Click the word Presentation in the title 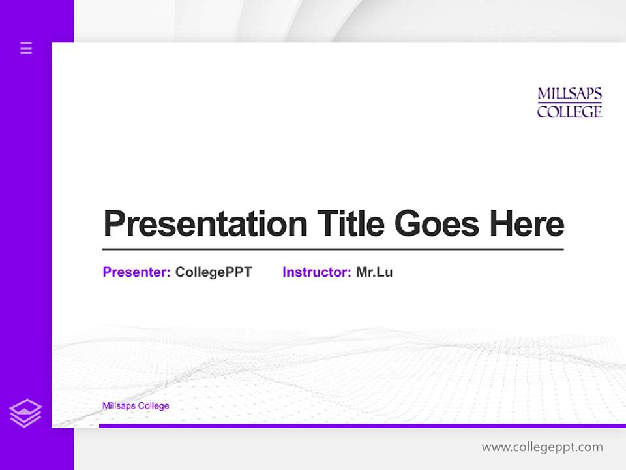205,224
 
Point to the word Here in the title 527,224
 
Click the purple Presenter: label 136,272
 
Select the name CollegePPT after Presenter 213,272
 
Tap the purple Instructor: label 317,272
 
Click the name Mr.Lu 374,272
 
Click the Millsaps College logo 569,103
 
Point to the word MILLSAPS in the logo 569,95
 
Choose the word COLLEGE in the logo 569,112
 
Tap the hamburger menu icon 26,48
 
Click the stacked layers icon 25,413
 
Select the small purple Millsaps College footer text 136,406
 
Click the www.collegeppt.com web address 542,447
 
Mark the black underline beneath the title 333,249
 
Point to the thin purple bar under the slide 362,426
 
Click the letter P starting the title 113,224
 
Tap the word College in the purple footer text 154,406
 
